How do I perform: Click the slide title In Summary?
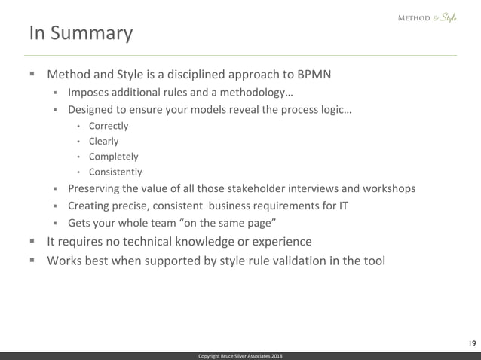tap(81, 34)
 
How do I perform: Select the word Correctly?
tap(108, 126)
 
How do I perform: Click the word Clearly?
tap(103, 141)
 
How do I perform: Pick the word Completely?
tap(113, 157)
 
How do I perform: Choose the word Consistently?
tap(115, 172)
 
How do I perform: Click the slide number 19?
tap(470, 343)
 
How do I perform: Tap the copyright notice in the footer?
tap(240, 355)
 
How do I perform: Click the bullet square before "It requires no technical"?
tap(32, 242)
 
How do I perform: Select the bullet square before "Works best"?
tap(32, 261)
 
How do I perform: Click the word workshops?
tap(388, 188)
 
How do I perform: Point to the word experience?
tap(276, 242)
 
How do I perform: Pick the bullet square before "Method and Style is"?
tap(32, 75)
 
